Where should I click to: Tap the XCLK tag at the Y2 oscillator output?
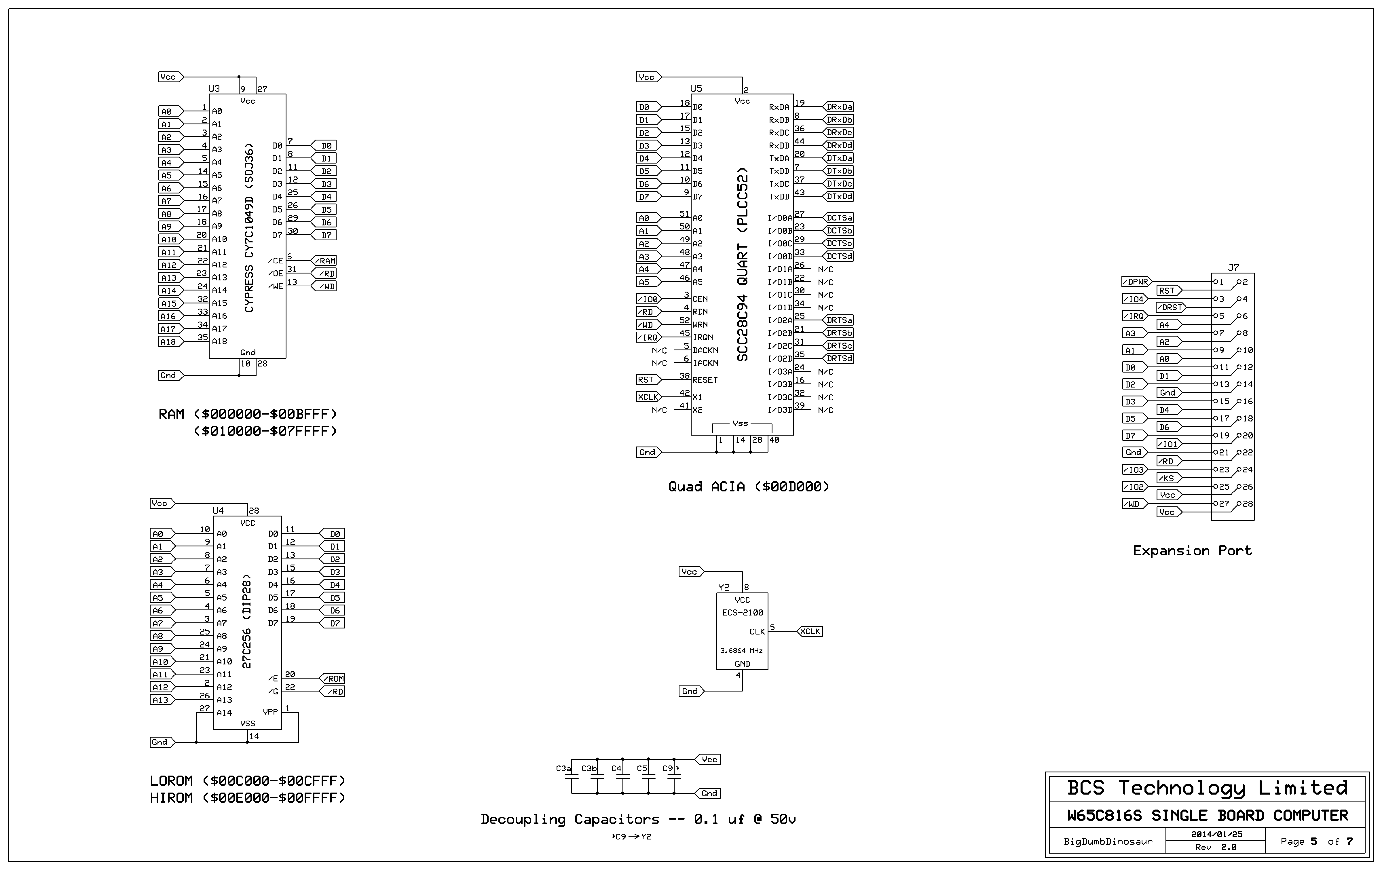click(810, 631)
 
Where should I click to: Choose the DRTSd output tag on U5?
click(839, 359)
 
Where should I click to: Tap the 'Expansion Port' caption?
click(1192, 551)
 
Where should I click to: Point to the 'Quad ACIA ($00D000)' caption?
click(748, 487)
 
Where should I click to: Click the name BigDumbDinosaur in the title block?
click(1108, 841)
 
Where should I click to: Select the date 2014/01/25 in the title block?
click(1216, 834)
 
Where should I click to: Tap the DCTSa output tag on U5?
click(839, 218)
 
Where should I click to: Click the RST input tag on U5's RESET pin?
click(646, 380)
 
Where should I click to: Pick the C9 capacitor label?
click(667, 768)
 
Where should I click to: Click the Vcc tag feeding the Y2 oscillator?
click(690, 571)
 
